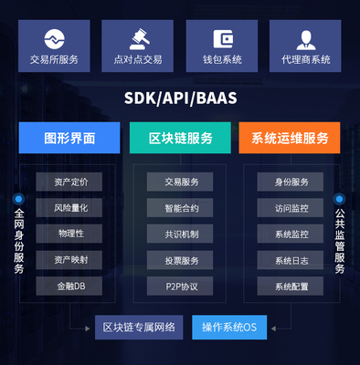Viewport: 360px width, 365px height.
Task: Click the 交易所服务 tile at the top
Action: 54,47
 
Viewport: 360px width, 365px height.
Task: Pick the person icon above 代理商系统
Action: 306,39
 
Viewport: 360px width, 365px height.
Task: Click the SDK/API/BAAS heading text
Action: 180,98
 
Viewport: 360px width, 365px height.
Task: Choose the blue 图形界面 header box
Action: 69,138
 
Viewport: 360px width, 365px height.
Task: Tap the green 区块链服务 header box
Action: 181,138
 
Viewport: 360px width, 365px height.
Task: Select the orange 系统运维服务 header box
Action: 290,138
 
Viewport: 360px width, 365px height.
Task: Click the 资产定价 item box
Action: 70,182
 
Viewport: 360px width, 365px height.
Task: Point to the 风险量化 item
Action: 70,208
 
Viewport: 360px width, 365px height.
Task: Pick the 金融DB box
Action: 70,287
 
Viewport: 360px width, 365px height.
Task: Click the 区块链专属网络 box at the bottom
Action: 141,327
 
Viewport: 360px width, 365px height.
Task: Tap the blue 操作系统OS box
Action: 228,327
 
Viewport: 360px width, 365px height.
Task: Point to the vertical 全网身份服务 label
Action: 18,242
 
